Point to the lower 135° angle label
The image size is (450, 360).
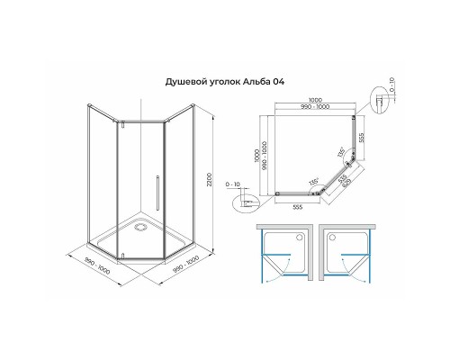click(313, 181)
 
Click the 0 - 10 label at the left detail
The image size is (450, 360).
click(235, 186)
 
